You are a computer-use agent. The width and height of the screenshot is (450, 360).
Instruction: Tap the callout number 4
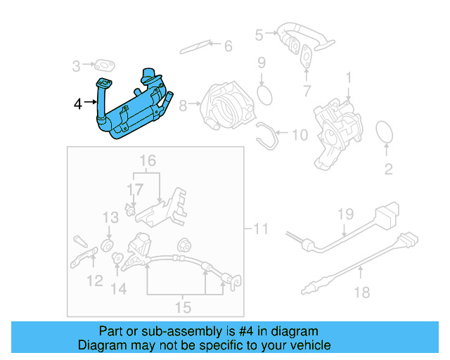(78, 105)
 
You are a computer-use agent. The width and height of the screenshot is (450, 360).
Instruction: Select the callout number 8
(184, 106)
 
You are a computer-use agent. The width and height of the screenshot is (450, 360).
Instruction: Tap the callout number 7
(306, 91)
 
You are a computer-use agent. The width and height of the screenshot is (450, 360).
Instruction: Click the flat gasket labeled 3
(105, 66)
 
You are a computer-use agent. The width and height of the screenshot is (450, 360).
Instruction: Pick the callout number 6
(227, 47)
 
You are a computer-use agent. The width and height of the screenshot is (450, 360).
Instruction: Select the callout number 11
(261, 229)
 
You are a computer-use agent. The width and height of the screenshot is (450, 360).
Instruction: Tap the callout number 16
(146, 161)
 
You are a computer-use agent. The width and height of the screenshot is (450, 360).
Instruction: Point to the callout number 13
(110, 217)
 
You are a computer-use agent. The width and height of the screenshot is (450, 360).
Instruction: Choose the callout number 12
(94, 282)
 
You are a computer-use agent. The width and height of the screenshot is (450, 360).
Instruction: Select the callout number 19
(344, 213)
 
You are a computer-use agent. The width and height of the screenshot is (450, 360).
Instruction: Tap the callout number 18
(361, 292)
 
